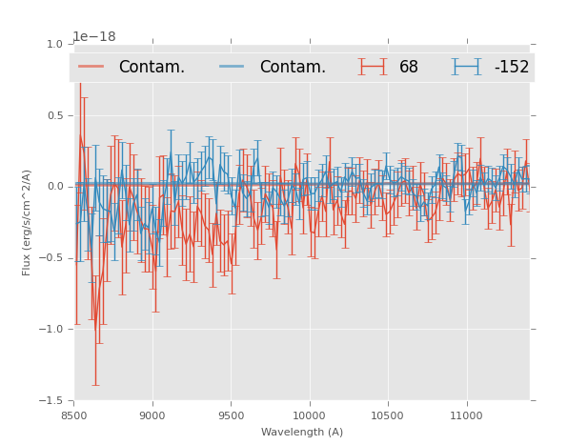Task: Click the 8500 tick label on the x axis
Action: (74, 415)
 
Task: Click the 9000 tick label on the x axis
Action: (152, 415)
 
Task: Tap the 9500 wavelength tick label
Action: (231, 415)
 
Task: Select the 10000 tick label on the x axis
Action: (309, 415)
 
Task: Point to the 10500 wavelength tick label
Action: (387, 415)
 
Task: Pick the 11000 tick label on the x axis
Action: (465, 415)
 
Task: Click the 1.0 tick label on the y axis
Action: (55, 44)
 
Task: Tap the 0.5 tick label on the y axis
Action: (55, 115)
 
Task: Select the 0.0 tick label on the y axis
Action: (55, 187)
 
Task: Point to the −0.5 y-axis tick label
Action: (51, 258)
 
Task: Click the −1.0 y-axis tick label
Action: (51, 330)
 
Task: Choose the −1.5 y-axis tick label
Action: (51, 401)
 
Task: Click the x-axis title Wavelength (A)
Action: (302, 432)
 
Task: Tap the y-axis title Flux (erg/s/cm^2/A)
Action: (28, 222)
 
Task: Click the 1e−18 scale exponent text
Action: (94, 37)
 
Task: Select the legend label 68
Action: (409, 67)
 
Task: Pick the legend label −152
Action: (511, 67)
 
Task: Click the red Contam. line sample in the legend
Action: (91, 67)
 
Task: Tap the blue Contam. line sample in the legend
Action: (233, 67)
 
